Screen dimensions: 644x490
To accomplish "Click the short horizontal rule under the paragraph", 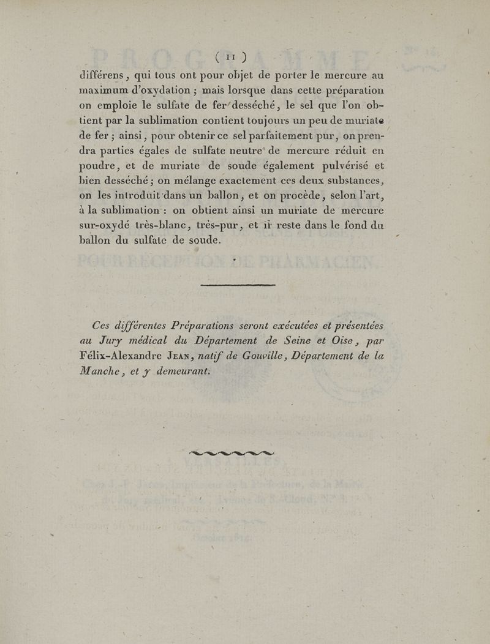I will [x=237, y=285].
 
